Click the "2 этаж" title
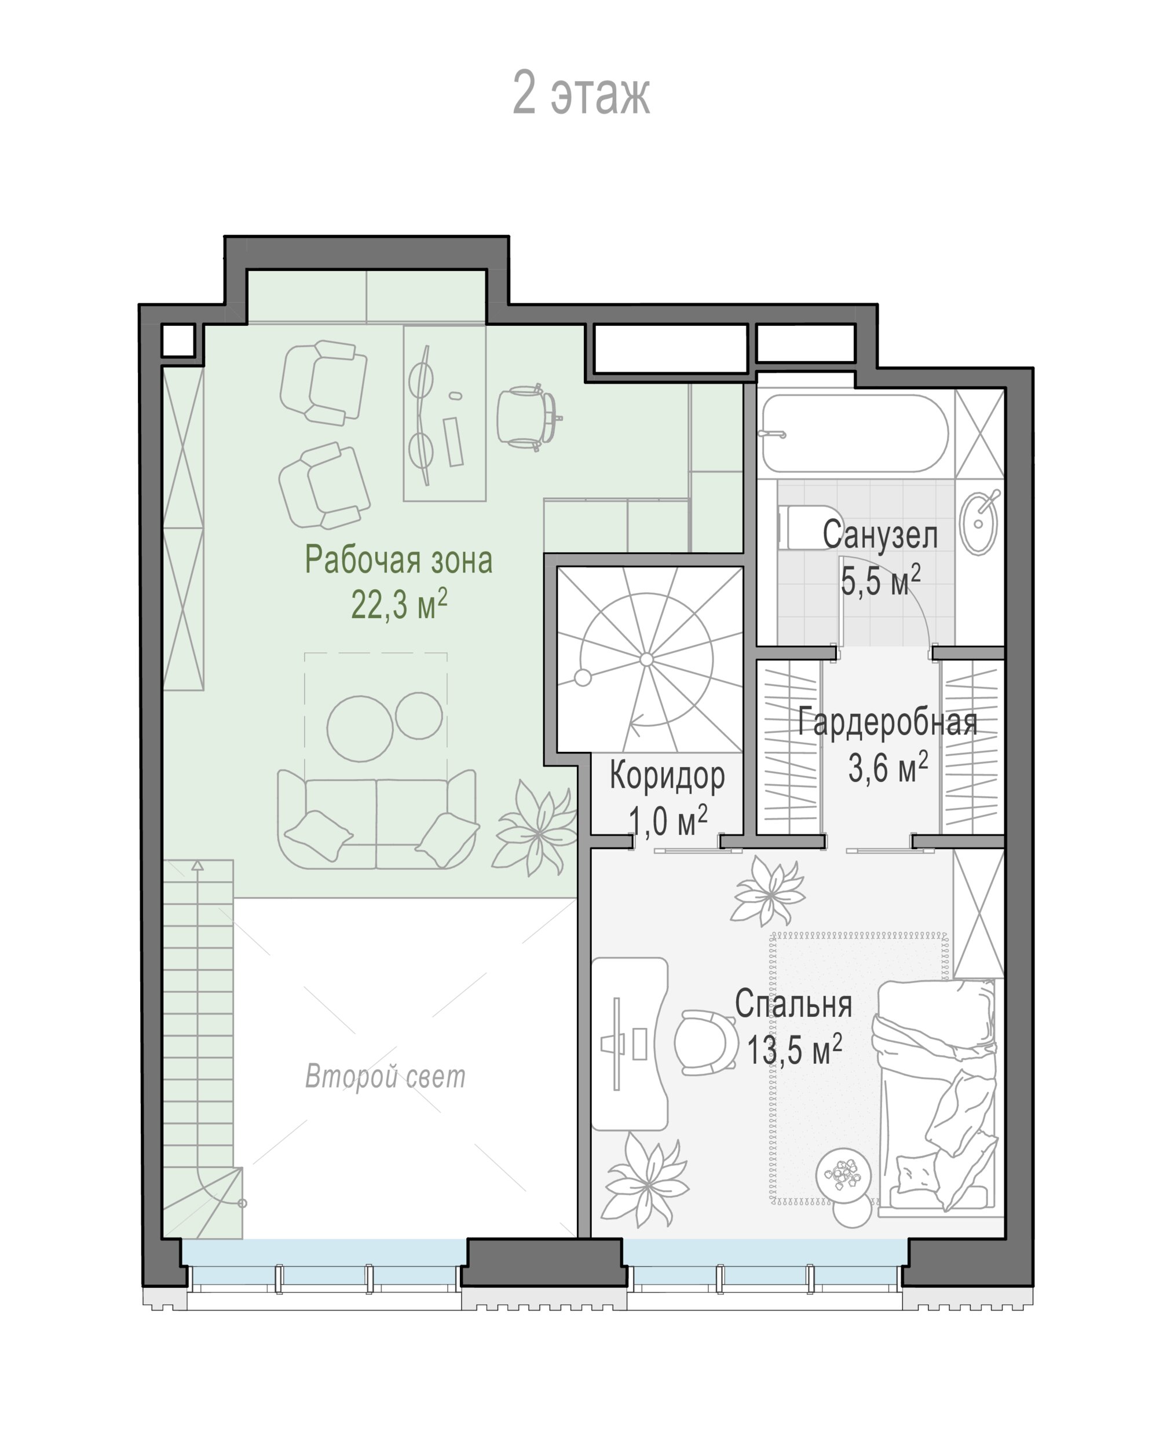[x=581, y=93]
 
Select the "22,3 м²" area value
[x=399, y=604]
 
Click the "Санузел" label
[x=880, y=535]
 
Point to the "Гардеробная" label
[x=888, y=722]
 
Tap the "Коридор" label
[x=667, y=775]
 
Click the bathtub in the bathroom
[x=854, y=433]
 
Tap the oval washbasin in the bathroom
[x=978, y=523]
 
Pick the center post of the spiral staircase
[x=646, y=659]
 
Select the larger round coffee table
[x=360, y=729]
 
